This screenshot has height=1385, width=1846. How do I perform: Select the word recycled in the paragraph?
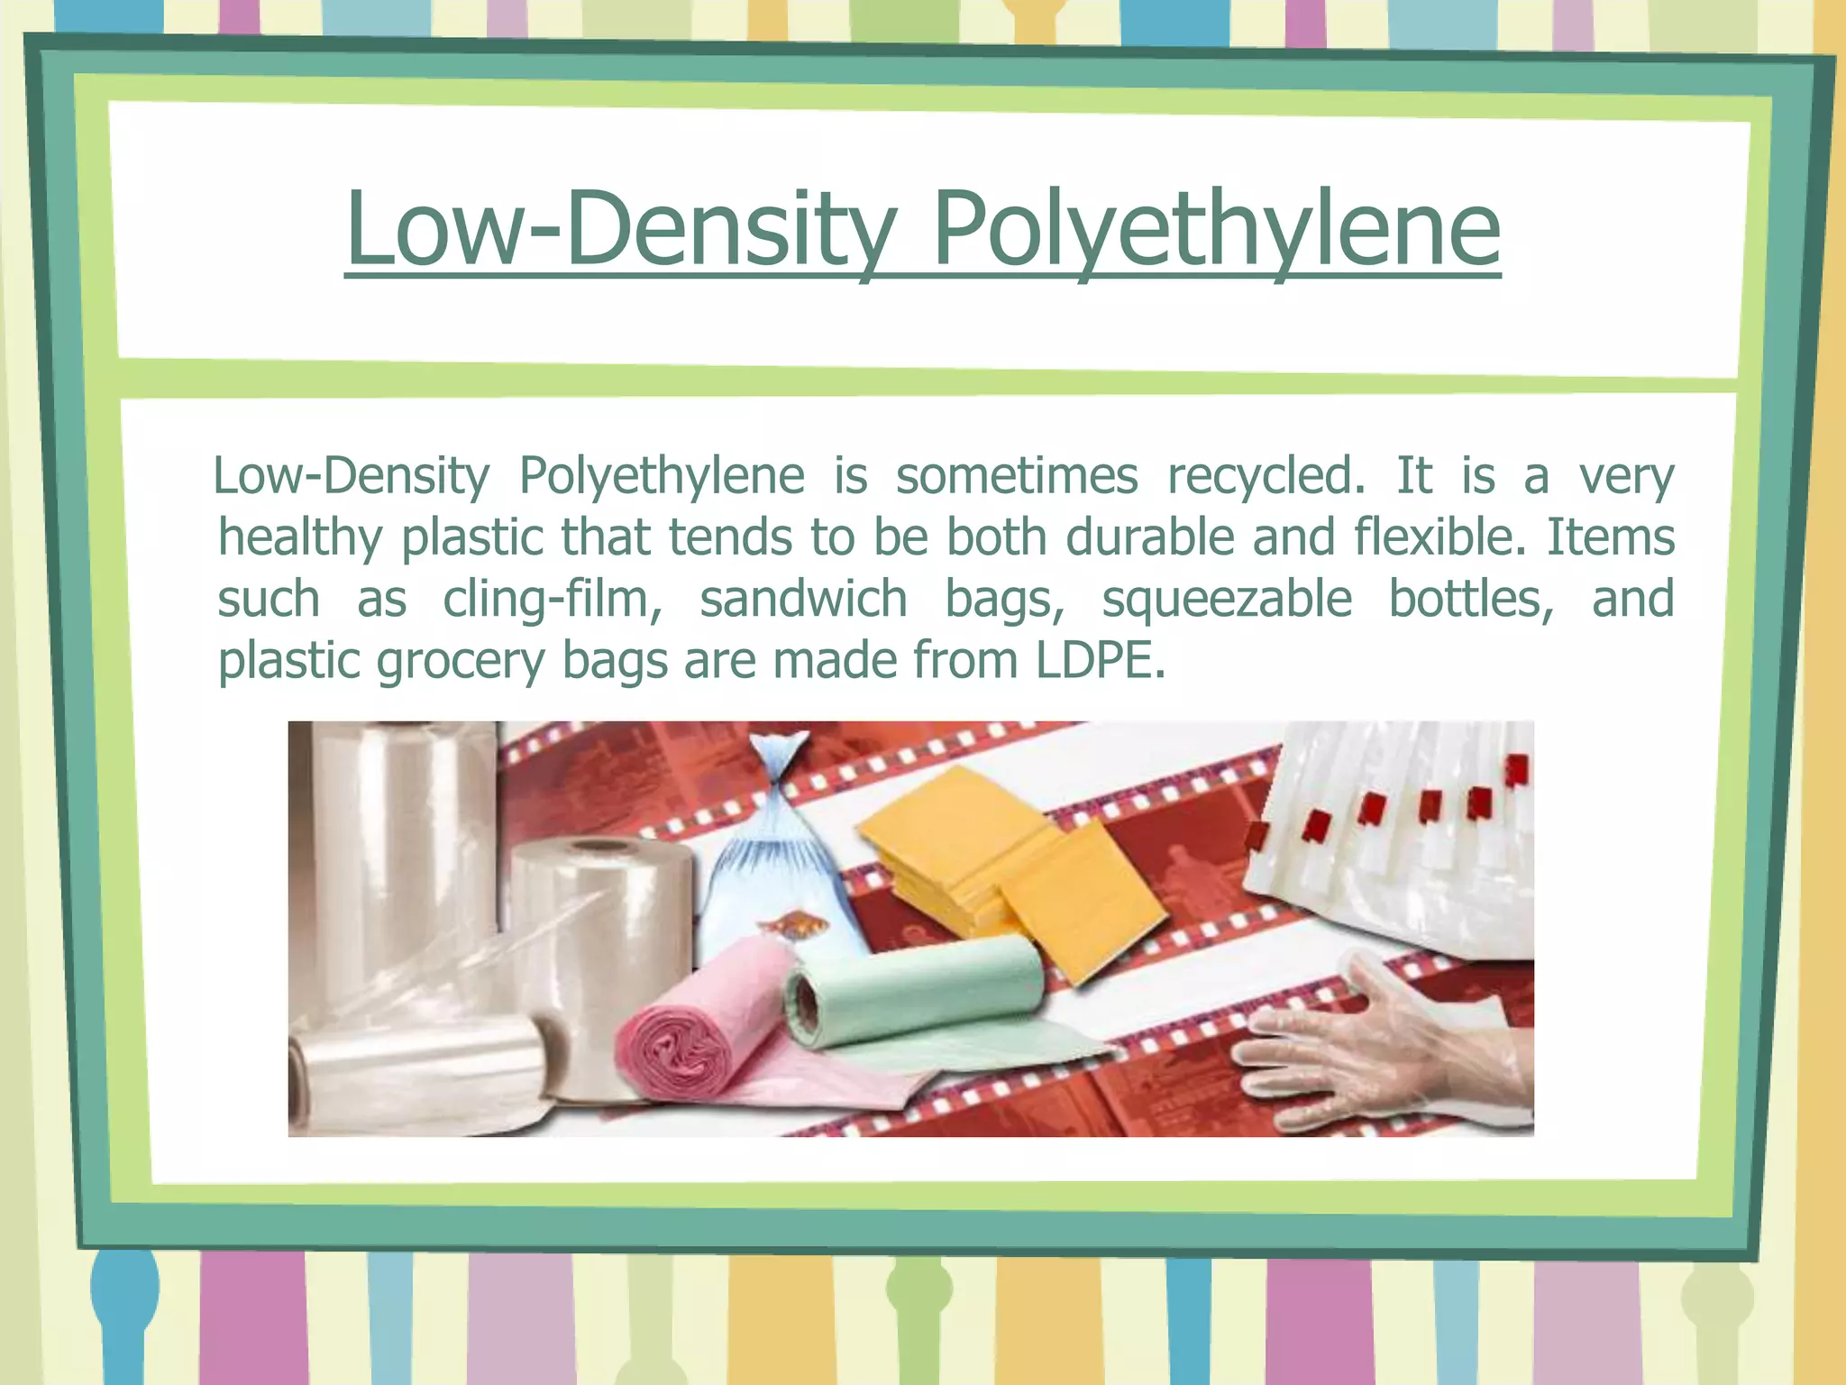1265,476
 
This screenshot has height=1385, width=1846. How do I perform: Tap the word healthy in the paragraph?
300,538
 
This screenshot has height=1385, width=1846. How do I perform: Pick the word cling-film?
552,600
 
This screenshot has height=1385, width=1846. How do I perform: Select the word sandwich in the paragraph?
803,599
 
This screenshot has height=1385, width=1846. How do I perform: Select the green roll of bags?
910,992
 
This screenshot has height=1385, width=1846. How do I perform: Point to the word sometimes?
1016,476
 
